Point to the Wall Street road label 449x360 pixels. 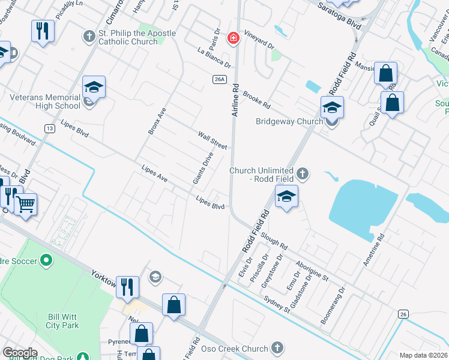coord(213,140)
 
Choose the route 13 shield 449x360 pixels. coord(49,128)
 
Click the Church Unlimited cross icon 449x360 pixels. coord(303,175)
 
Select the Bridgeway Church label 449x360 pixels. coord(289,122)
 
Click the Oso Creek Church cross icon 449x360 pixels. coord(277,347)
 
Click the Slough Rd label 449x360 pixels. coord(274,242)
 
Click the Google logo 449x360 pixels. coord(20,353)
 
